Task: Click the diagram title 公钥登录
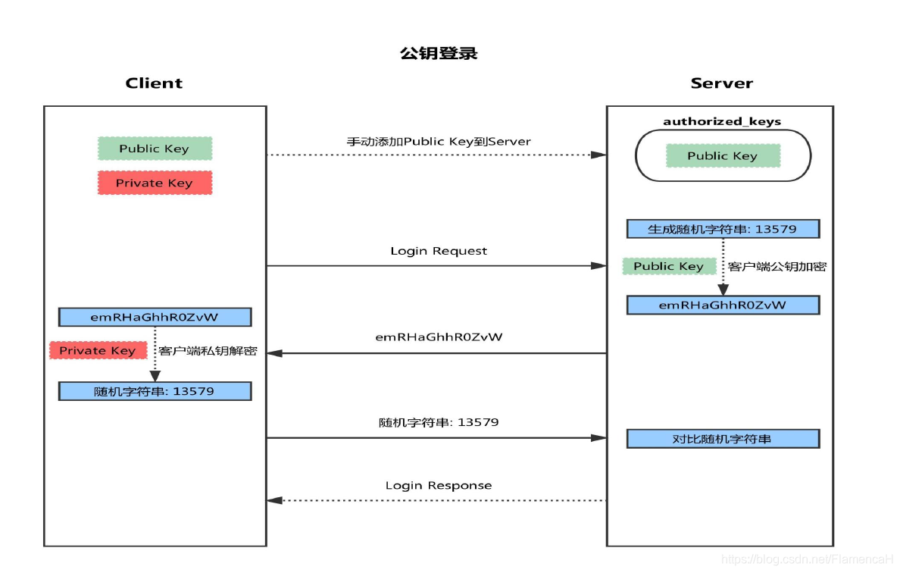pyautogui.click(x=439, y=54)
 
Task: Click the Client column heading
pyautogui.click(x=154, y=83)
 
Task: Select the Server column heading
pyautogui.click(x=721, y=83)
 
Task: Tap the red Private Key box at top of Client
pyautogui.click(x=155, y=183)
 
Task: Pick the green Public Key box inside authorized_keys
pyautogui.click(x=722, y=155)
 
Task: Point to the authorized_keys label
pyautogui.click(x=721, y=121)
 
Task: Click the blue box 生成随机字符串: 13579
pyautogui.click(x=722, y=229)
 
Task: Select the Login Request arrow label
pyautogui.click(x=439, y=251)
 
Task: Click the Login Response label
pyautogui.click(x=438, y=485)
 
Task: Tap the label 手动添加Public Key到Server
pyautogui.click(x=439, y=141)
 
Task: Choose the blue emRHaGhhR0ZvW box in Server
pyautogui.click(x=722, y=305)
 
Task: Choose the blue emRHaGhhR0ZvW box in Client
pyautogui.click(x=155, y=317)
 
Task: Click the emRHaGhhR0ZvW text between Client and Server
pyautogui.click(x=439, y=337)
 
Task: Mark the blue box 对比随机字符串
pyautogui.click(x=722, y=439)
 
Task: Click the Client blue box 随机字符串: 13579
pyautogui.click(x=155, y=391)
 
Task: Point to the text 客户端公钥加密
pyautogui.click(x=777, y=267)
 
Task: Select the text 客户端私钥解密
pyautogui.click(x=208, y=351)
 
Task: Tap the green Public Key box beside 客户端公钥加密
pyautogui.click(x=669, y=266)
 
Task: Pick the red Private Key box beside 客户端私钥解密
pyautogui.click(x=98, y=350)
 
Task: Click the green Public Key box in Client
pyautogui.click(x=155, y=149)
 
